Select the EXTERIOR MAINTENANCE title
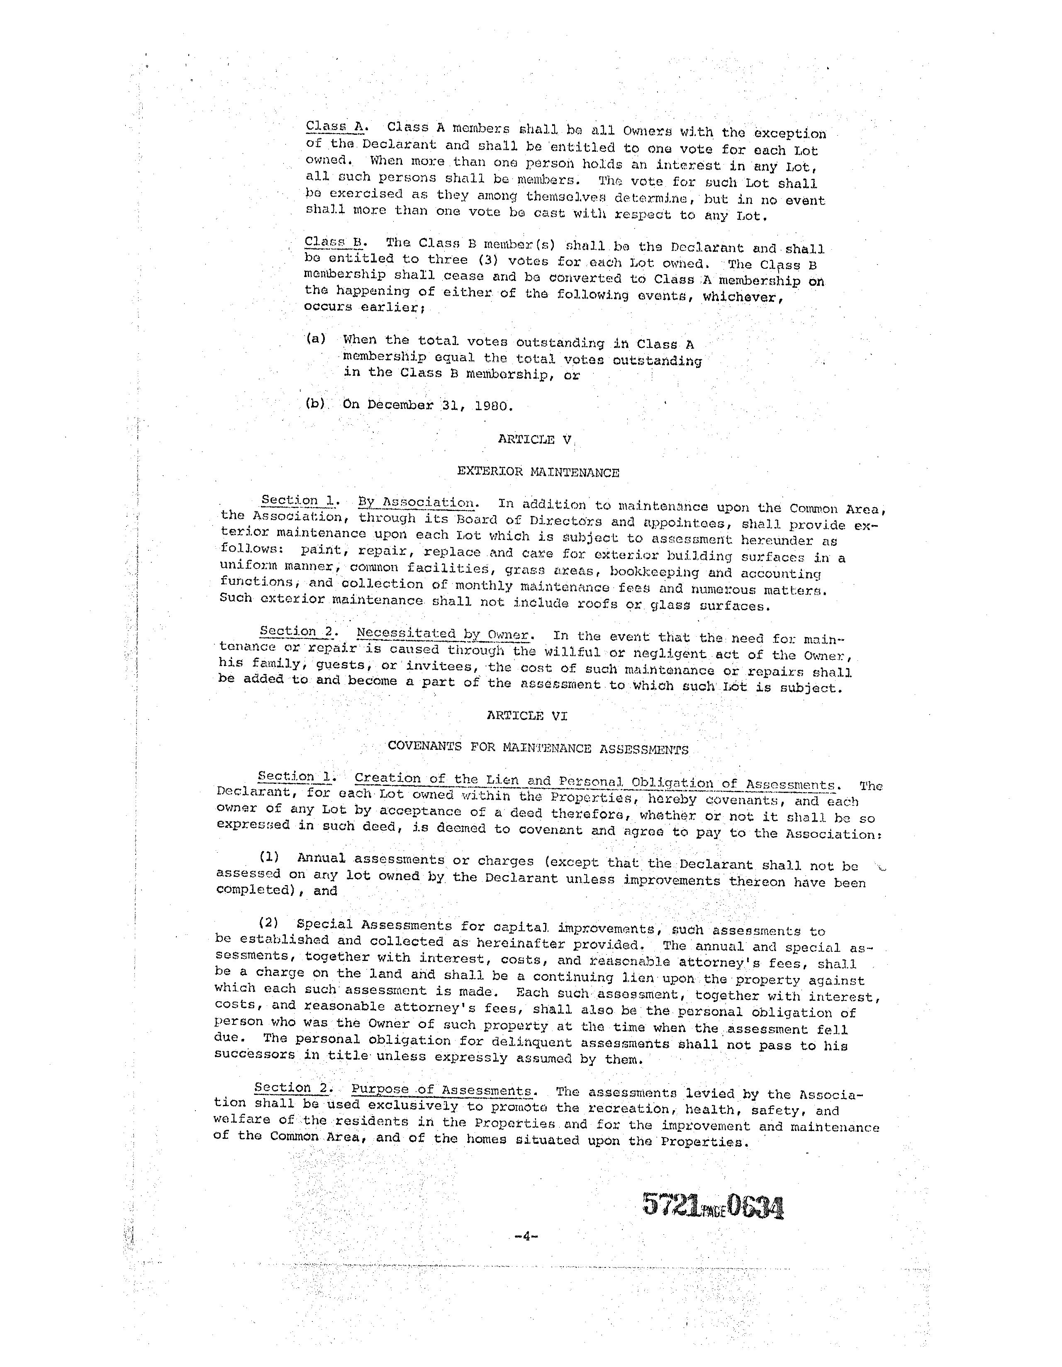pyautogui.click(x=538, y=472)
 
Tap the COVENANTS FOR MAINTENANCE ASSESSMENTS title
pyautogui.click(x=538, y=748)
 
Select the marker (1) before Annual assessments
pyautogui.click(x=269, y=858)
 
